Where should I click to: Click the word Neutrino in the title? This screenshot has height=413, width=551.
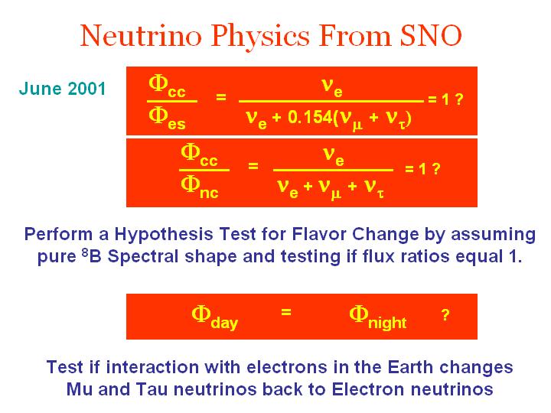coord(141,35)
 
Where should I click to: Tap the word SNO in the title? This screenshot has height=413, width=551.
coord(431,35)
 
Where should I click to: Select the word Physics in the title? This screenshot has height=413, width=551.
coord(260,37)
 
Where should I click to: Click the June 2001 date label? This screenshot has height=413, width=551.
coord(62,89)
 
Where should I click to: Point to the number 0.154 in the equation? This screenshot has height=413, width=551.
coord(310,117)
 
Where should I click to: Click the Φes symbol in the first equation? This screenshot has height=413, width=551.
coord(167,119)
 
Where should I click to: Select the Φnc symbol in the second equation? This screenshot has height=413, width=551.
coord(199,187)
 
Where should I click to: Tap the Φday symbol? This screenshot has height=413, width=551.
coord(215,317)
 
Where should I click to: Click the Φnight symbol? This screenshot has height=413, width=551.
coord(378,317)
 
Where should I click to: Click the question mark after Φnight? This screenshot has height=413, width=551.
coord(445,315)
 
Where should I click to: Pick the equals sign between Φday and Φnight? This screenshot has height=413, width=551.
coord(286,312)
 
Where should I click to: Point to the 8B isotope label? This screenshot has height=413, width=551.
coord(91,255)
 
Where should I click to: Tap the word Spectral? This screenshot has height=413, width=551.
coord(143,256)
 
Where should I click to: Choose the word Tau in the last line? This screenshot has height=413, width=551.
coord(152,389)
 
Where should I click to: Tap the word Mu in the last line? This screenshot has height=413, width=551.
coord(80,389)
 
